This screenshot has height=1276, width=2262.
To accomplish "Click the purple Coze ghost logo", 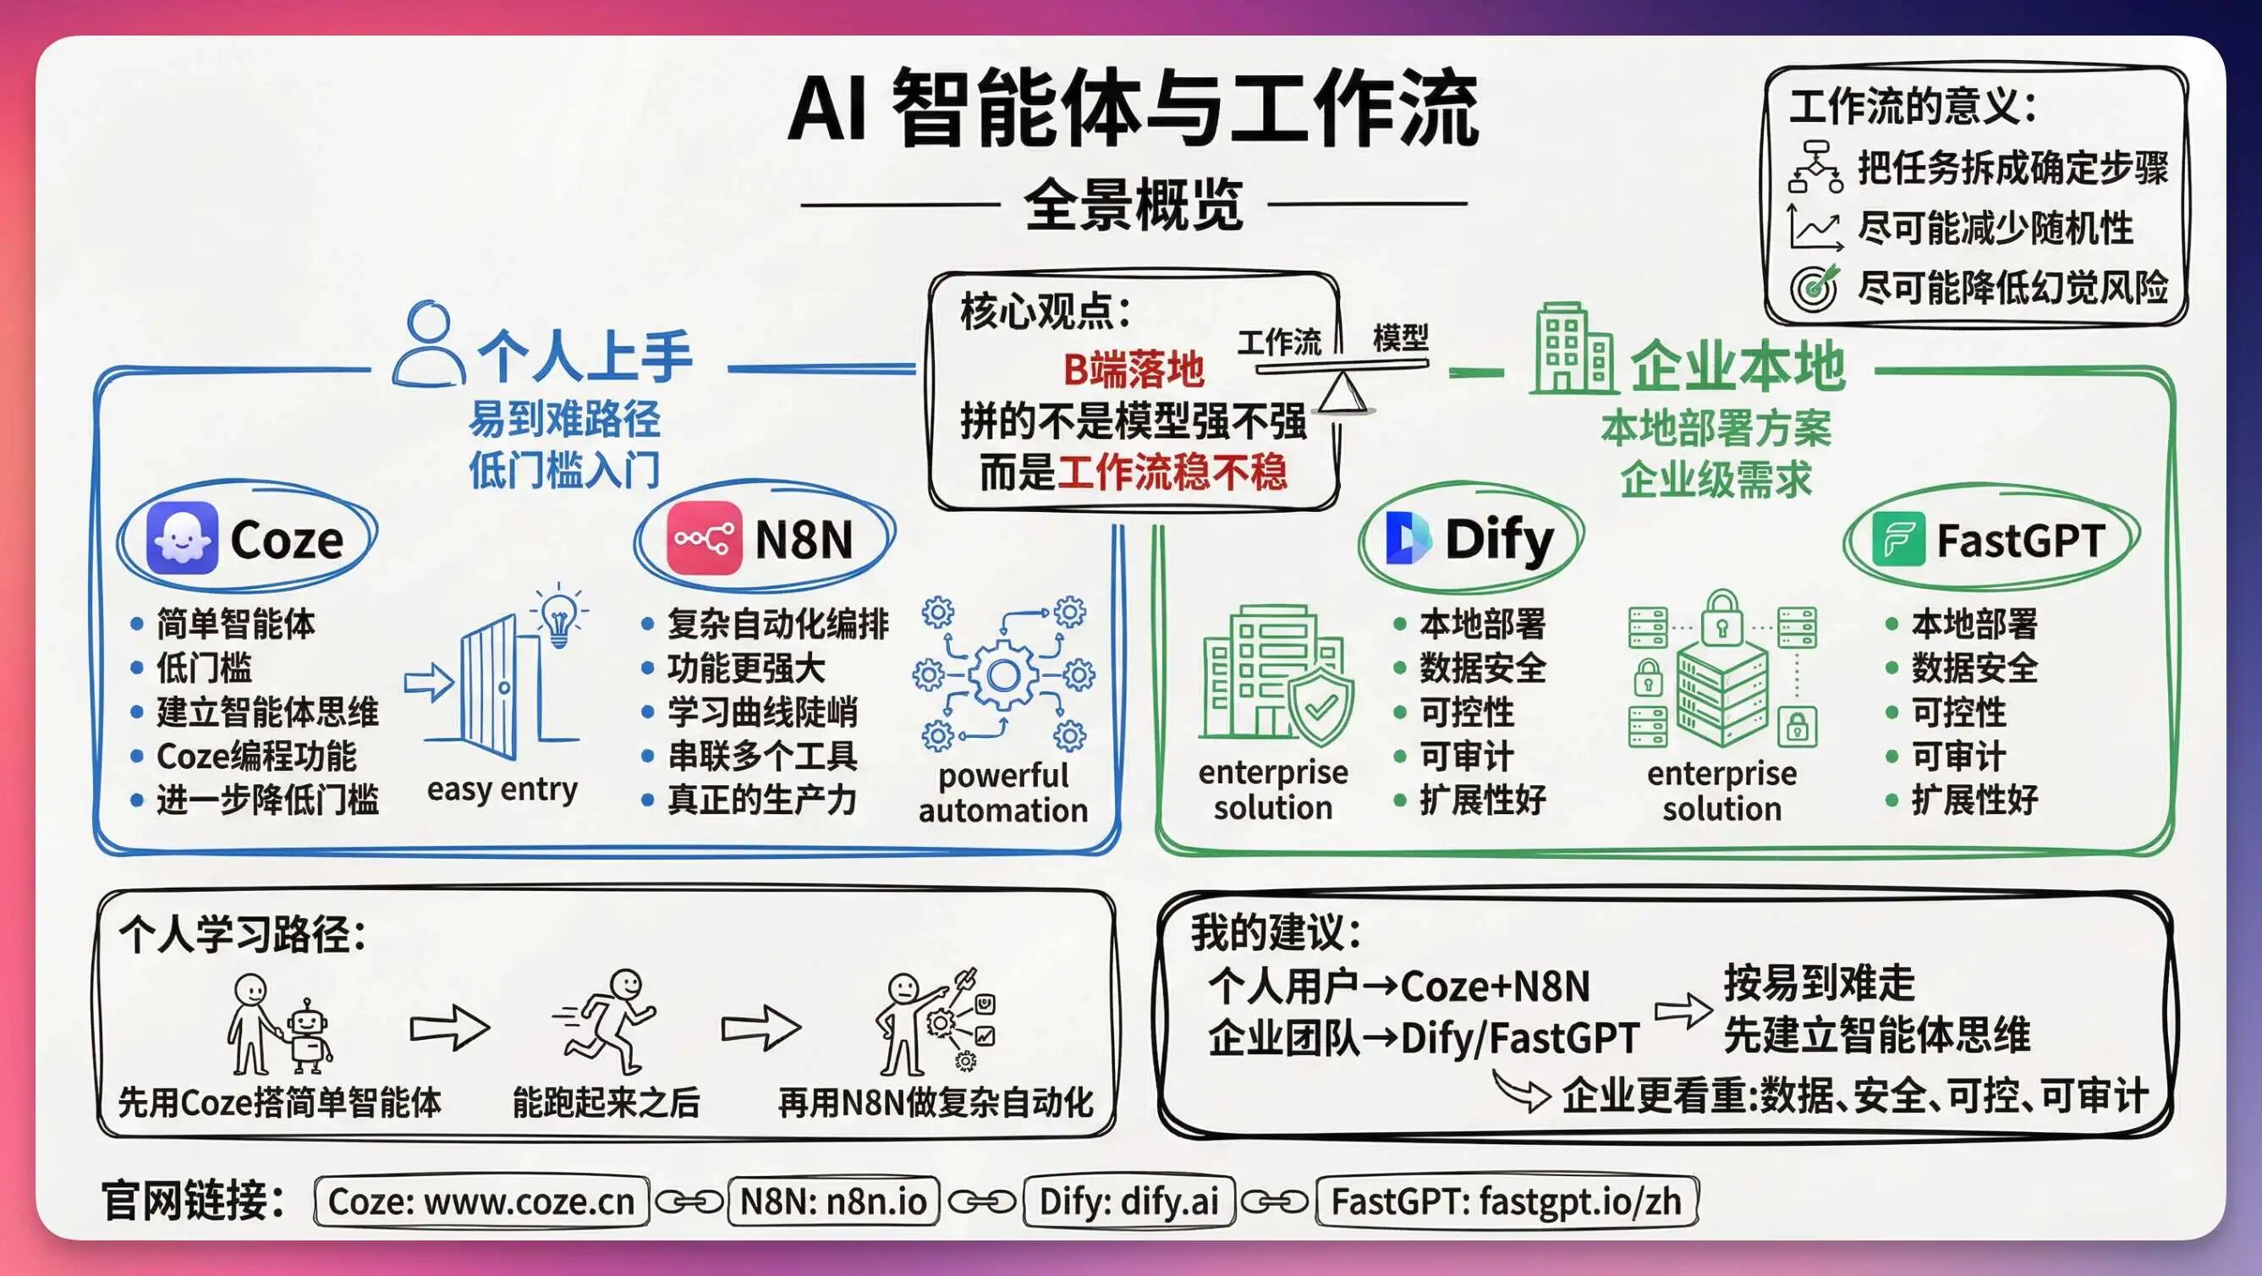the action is click(x=182, y=537).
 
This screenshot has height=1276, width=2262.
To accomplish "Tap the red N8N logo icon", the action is click(x=703, y=538).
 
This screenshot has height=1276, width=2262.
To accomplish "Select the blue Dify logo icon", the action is click(x=1408, y=538).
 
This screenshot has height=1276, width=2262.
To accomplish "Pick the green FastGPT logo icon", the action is click(x=1898, y=539).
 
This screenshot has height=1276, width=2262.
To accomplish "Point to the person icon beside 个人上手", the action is click(x=429, y=344).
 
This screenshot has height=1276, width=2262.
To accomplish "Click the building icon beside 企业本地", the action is click(x=1573, y=348).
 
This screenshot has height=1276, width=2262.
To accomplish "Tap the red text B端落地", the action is click(x=1133, y=370).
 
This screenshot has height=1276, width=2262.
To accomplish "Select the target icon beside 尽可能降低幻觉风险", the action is click(x=1815, y=286).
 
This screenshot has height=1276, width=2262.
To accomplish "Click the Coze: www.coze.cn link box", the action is click(x=481, y=1202).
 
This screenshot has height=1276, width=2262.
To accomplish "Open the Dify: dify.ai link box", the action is click(x=1129, y=1202).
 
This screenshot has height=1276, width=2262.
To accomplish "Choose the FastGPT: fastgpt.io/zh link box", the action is click(x=1507, y=1202).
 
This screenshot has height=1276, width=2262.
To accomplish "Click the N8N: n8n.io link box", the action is click(x=833, y=1202).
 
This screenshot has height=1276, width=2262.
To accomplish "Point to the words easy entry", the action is click(x=502, y=789).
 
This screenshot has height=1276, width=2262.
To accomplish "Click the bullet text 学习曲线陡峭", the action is click(x=762, y=712).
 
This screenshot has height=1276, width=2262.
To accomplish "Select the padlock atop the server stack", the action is click(x=1722, y=617).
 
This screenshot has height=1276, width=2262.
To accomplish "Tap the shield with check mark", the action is click(x=1319, y=706).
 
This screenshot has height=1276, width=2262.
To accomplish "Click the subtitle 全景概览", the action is click(x=1134, y=205).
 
